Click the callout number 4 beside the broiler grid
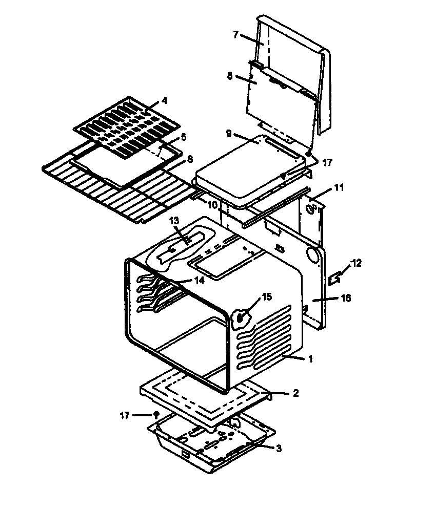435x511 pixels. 164,100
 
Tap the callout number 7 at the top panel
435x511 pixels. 235,35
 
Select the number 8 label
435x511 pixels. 230,76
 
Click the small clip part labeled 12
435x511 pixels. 335,278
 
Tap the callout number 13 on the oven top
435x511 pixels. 174,220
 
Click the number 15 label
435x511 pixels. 266,296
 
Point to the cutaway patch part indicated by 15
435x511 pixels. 241,317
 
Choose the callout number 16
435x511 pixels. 347,298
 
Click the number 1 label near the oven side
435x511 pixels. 310,359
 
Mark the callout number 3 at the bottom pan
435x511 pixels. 279,449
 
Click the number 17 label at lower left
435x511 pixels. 125,415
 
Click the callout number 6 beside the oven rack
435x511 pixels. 190,159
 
